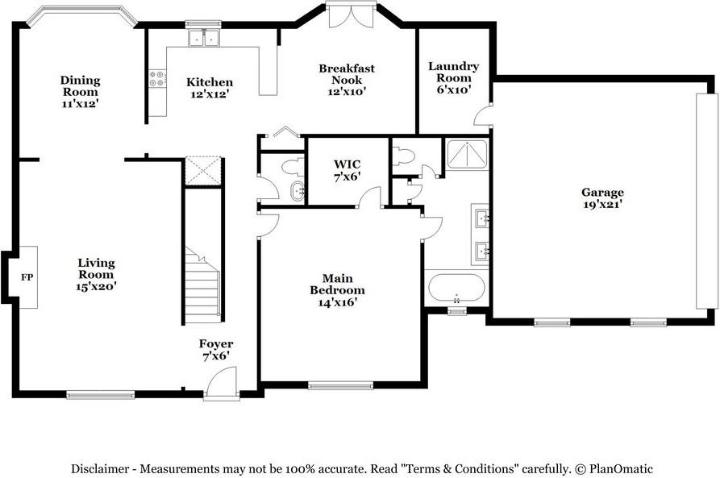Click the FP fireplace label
pos(27,277)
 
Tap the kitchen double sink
pos(203,38)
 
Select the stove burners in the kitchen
pos(157,78)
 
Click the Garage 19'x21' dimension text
pos(602,204)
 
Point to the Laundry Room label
pos(454,72)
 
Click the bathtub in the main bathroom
pos(456,288)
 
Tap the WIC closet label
pos(348,164)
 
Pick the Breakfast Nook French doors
pos(352,17)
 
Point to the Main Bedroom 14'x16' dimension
pos(338,302)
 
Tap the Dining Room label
pos(81,86)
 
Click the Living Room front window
pos(101,394)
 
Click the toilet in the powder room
pos(293,167)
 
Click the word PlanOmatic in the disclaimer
pos(621,469)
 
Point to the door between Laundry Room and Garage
pos(483,114)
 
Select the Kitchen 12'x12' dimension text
pos(210,94)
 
